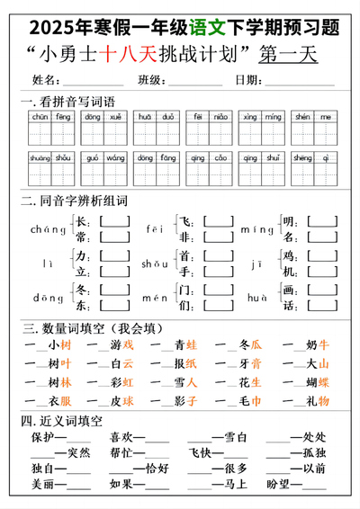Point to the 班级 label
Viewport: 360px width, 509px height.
pyautogui.click(x=151, y=81)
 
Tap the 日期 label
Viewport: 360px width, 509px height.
pyautogui.click(x=248, y=81)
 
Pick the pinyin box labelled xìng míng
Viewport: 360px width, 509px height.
pyautogui.click(x=261, y=129)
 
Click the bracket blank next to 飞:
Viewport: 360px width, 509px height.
pyautogui.click(x=218, y=221)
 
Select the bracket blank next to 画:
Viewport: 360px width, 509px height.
pyautogui.click(x=319, y=290)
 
